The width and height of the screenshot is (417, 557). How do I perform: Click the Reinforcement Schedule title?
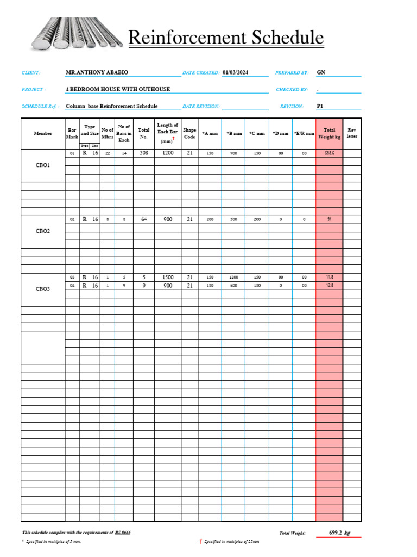pyautogui.click(x=225, y=38)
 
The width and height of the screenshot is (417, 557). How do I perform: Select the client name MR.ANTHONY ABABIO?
pyautogui.click(x=97, y=72)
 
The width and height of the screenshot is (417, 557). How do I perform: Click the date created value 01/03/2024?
pyautogui.click(x=235, y=72)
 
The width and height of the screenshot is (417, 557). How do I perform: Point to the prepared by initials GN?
pyautogui.click(x=321, y=72)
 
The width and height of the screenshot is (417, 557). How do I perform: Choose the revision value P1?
pyautogui.click(x=320, y=107)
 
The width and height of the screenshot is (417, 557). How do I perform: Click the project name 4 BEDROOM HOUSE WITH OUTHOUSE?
pyautogui.click(x=118, y=89)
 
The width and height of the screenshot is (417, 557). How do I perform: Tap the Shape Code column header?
pyautogui.click(x=189, y=133)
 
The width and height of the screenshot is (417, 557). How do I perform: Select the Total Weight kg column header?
pyautogui.click(x=329, y=133)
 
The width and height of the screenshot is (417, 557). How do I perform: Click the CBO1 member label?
pyautogui.click(x=42, y=165)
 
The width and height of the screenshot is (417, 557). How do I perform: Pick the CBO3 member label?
pyautogui.click(x=42, y=289)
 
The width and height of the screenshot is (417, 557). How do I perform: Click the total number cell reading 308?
pyautogui.click(x=144, y=153)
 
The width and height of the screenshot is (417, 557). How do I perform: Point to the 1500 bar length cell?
pyautogui.click(x=168, y=277)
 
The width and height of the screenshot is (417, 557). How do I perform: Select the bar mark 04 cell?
pyautogui.click(x=72, y=286)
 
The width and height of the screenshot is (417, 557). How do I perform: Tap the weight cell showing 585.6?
pyautogui.click(x=329, y=153)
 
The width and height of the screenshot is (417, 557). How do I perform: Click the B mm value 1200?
pyautogui.click(x=233, y=277)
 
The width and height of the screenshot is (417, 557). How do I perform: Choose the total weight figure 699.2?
pyautogui.click(x=338, y=533)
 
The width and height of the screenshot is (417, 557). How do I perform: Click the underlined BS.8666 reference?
pyautogui.click(x=122, y=533)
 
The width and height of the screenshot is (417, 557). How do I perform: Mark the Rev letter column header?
pyautogui.click(x=352, y=133)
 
